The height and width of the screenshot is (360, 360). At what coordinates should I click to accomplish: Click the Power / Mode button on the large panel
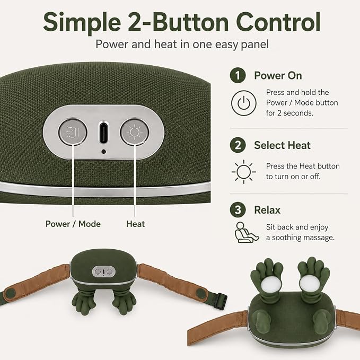[73, 132]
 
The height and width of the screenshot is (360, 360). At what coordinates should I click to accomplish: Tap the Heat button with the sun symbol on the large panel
[135, 132]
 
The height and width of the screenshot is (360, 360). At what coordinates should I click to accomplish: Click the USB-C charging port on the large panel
[103, 133]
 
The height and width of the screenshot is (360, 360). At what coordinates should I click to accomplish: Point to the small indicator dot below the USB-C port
[103, 152]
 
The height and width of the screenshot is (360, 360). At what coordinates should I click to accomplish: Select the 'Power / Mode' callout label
[73, 224]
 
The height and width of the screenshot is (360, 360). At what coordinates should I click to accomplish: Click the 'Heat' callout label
[135, 224]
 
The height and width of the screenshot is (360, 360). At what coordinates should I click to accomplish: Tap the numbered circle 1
[238, 75]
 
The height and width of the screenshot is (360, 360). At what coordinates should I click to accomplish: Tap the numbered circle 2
[238, 145]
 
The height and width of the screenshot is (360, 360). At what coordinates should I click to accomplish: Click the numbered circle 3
[238, 209]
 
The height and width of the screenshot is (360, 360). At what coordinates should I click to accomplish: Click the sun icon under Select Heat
[243, 172]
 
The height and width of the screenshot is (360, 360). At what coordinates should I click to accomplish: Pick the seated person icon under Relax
[247, 232]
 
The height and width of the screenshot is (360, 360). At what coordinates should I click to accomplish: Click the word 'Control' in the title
[278, 22]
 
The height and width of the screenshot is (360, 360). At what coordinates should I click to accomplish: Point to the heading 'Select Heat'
[282, 145]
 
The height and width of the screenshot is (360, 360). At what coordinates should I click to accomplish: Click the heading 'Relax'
[267, 210]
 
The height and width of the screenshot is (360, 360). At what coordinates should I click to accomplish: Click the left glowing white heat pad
[271, 284]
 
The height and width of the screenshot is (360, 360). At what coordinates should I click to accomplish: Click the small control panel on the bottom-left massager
[104, 271]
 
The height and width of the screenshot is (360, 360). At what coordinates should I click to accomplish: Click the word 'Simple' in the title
[82, 23]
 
